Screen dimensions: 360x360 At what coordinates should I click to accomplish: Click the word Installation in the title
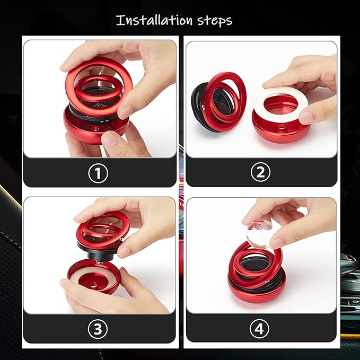click(153, 21)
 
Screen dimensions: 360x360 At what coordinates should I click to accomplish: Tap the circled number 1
click(99, 172)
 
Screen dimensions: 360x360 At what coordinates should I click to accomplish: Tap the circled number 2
click(261, 172)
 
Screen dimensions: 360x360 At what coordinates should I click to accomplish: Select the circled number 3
click(99, 329)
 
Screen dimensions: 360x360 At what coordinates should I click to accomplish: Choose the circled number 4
click(261, 329)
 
